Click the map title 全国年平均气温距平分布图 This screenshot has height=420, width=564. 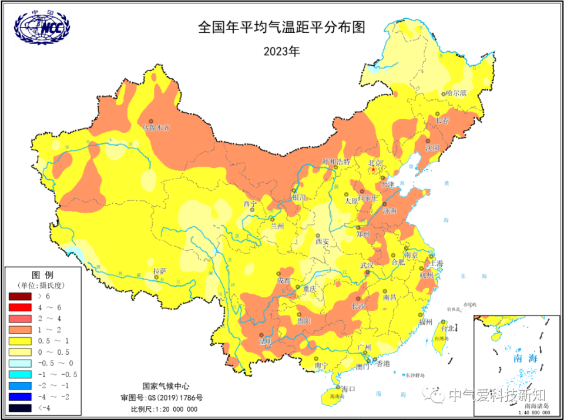[x=282, y=28]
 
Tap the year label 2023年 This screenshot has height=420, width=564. [x=281, y=51]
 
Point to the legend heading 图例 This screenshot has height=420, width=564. [x=42, y=275]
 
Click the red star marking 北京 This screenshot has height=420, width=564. [x=374, y=170]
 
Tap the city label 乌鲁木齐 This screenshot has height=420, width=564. [x=156, y=127]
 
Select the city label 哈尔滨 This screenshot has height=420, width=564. [x=455, y=93]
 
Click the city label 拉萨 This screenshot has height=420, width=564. [x=160, y=271]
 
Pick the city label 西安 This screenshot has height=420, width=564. [x=322, y=241]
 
